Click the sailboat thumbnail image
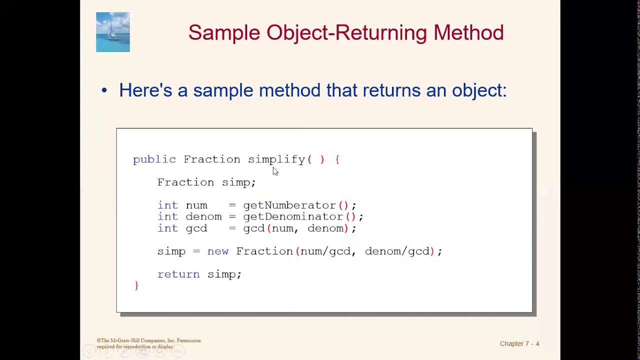coord(113,32)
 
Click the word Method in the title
coord(468,32)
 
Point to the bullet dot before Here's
coord(104,90)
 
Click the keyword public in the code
coord(154,159)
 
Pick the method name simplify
coord(276,159)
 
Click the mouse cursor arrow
coord(275,171)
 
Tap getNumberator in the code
coord(289,205)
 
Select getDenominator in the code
coord(292,216)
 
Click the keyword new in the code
coord(217,251)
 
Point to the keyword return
coord(178,274)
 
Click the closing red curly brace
coord(136,285)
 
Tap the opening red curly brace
coord(338,159)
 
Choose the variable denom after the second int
coord(203,216)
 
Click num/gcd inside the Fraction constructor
coord(325,251)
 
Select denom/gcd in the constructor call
coord(396,251)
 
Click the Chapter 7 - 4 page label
coord(519,343)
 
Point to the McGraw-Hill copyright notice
coord(148,343)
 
